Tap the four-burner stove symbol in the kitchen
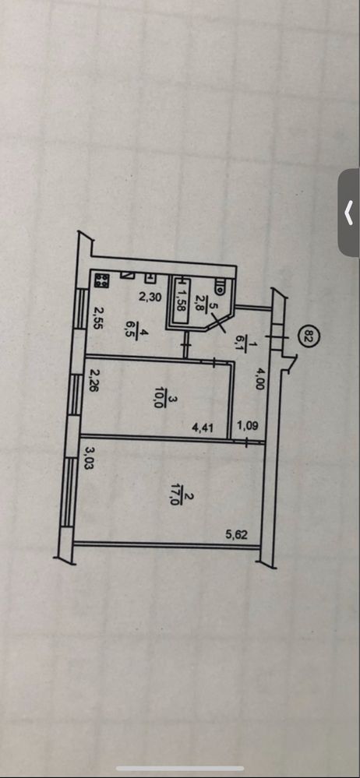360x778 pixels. pyautogui.click(x=102, y=280)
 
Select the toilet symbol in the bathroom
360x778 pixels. pyautogui.click(x=219, y=285)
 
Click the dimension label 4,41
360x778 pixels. pyautogui.click(x=203, y=427)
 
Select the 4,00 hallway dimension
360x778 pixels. pyautogui.click(x=258, y=377)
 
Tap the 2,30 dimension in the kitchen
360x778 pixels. pyautogui.click(x=148, y=297)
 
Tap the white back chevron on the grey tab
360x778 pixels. pyautogui.click(x=348, y=213)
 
